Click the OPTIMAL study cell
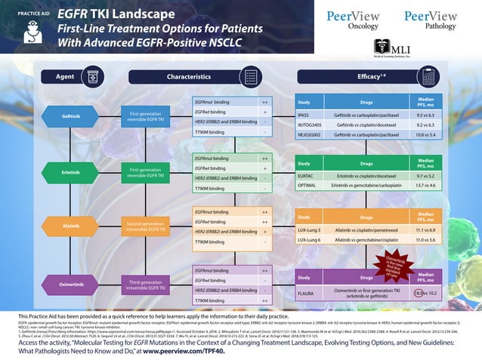tap(306, 185)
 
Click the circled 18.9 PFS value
tap(418, 292)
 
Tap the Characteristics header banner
tap(189, 77)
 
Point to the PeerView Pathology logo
tap(431, 20)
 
